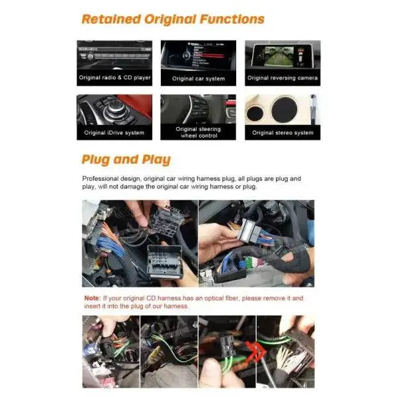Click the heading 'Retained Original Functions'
pos(173,19)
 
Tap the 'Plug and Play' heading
pos(126,159)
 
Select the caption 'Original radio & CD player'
pos(114,77)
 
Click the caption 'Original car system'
pos(198,79)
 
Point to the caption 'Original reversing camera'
pos(283,77)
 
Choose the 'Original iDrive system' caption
pos(114,132)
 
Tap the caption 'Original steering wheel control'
pos(198,132)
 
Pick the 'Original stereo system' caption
pos(283,132)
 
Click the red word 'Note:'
pos(93,298)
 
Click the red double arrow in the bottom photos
pos(255,351)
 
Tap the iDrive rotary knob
pos(116,108)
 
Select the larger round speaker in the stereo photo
pos(285,109)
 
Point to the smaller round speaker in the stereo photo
pos(255,113)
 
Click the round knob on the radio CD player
pos(90,57)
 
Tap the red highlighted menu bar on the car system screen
pos(208,56)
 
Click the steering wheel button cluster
pos(200,108)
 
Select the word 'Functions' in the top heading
pos(232,19)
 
